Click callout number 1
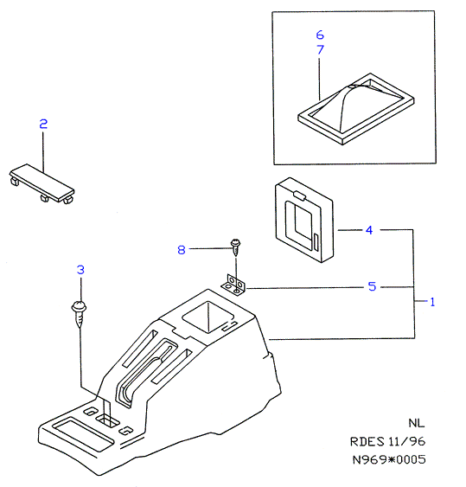[x=432, y=302]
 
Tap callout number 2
[x=43, y=124]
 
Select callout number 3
[x=80, y=270]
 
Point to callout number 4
[x=369, y=230]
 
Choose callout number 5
[x=372, y=286]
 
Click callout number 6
[x=320, y=35]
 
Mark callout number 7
[x=320, y=49]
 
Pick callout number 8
[x=182, y=250]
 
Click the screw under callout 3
[x=80, y=314]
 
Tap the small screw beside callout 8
[x=236, y=247]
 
